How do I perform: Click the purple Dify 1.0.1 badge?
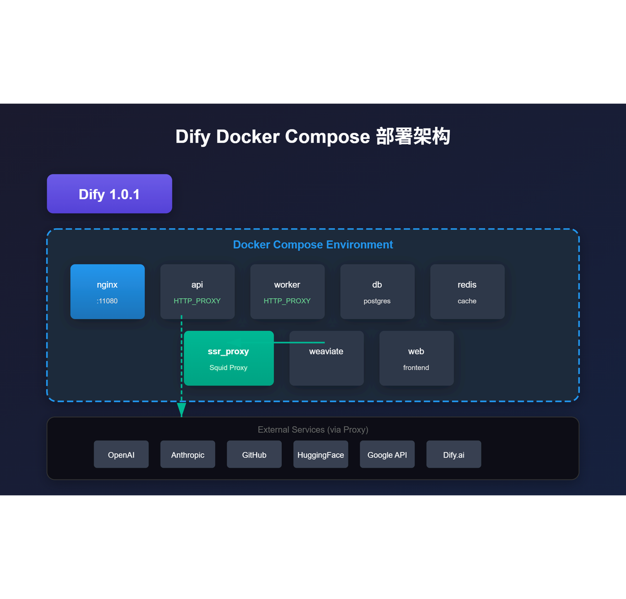(x=109, y=194)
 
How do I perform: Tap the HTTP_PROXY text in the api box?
(x=197, y=301)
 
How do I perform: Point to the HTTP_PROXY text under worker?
(x=287, y=301)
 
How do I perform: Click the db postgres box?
(x=377, y=291)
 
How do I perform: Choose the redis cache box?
(x=467, y=291)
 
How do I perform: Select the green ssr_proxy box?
(x=228, y=358)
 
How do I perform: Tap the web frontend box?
(x=416, y=358)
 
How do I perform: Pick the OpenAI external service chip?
(x=121, y=454)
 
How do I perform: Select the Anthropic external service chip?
(x=188, y=454)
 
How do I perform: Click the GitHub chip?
(x=254, y=454)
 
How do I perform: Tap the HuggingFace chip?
(x=320, y=454)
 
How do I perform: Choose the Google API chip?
(x=387, y=454)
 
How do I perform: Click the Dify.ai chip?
(x=453, y=454)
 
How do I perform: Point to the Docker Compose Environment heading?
(x=313, y=244)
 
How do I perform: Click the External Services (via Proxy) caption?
(x=313, y=429)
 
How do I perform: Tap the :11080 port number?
(x=107, y=301)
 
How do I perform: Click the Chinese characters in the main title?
(x=413, y=136)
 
